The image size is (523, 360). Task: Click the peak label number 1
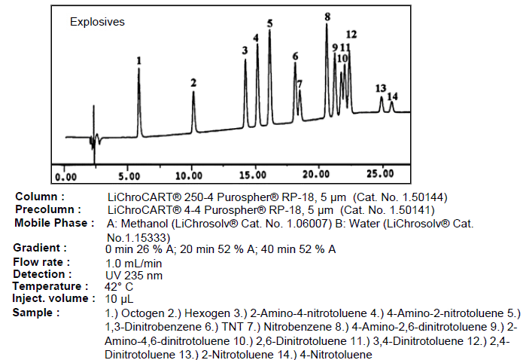139,59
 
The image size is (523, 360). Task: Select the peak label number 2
193,82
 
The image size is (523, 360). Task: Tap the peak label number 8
327,16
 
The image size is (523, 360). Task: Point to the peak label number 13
380,88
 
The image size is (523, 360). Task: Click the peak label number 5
269,23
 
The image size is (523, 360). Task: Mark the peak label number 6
296,56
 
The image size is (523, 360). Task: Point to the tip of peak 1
138,69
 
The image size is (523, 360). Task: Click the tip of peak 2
193,92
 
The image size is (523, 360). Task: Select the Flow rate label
41,262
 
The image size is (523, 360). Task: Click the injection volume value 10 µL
119,299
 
